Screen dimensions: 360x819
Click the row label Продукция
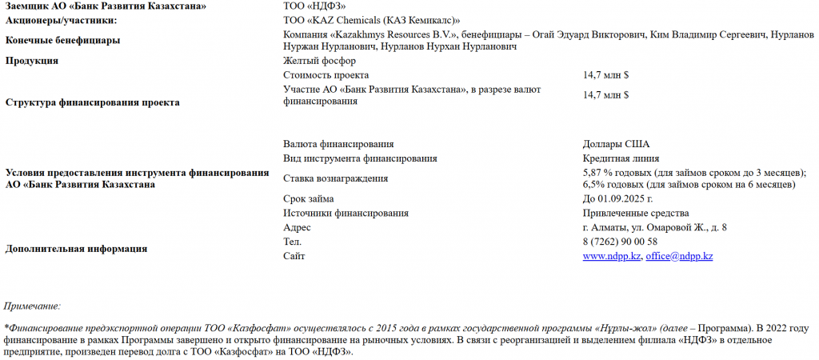(x=31, y=61)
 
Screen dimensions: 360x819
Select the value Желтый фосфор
(x=319, y=61)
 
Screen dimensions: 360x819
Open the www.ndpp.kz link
(x=612, y=256)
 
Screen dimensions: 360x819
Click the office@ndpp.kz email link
(x=679, y=256)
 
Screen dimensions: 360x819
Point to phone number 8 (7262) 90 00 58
(x=620, y=242)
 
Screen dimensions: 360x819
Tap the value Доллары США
(x=616, y=145)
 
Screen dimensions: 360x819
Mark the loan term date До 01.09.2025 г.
(x=618, y=199)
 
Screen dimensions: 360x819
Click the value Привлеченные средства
(x=636, y=213)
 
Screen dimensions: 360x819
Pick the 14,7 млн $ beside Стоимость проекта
(x=606, y=74)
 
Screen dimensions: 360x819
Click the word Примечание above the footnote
(x=32, y=306)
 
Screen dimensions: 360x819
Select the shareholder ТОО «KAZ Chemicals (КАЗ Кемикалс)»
(x=372, y=20)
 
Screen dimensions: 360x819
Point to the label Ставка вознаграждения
(x=335, y=178)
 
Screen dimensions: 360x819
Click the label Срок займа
(x=309, y=199)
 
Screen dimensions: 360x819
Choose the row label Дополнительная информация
(x=76, y=249)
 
